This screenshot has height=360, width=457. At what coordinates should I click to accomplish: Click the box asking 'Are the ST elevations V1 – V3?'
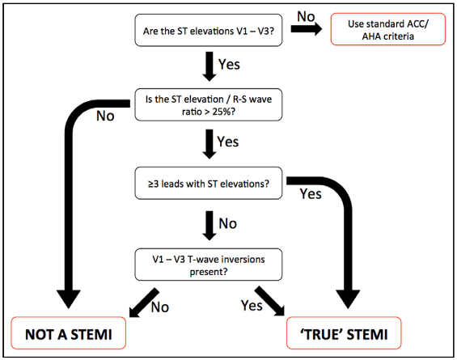coord(209,30)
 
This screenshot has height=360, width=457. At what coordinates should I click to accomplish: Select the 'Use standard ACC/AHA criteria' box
coord(388,29)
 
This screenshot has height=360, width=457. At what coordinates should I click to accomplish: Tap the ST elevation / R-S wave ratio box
coord(209,104)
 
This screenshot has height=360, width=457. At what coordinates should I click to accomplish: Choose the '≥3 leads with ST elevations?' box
coord(209,184)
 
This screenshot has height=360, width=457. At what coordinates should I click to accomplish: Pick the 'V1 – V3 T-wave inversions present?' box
coord(209,265)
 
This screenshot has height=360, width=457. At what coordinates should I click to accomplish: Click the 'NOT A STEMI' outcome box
coord(69,332)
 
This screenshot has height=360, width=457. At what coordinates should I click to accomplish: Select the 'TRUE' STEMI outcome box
coord(344,332)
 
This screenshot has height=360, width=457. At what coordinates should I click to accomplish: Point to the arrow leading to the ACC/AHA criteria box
coord(307,29)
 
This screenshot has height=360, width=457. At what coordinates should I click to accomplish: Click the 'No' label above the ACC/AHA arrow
coord(306,16)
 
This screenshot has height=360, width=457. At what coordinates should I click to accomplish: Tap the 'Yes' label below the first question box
coord(229,64)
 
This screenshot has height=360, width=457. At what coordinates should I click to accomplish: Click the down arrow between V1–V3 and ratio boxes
coord(209,66)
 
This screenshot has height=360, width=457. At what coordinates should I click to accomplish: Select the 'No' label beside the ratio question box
coord(105,116)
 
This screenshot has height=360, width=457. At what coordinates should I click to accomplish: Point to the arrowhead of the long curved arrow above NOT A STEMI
coord(69,299)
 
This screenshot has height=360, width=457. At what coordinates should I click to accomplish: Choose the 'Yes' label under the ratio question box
coord(228,142)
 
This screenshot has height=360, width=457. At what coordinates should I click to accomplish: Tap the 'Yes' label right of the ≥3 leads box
coord(311,194)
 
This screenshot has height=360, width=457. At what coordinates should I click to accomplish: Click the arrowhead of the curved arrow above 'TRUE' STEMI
coord(348,299)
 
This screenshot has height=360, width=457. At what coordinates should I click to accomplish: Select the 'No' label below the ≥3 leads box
coord(228,223)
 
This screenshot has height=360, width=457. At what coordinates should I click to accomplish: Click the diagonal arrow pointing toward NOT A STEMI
coord(144,303)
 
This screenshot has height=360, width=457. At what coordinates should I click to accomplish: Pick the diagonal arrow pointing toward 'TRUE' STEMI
coord(269,301)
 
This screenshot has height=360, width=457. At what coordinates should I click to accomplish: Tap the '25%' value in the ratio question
coord(222,112)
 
